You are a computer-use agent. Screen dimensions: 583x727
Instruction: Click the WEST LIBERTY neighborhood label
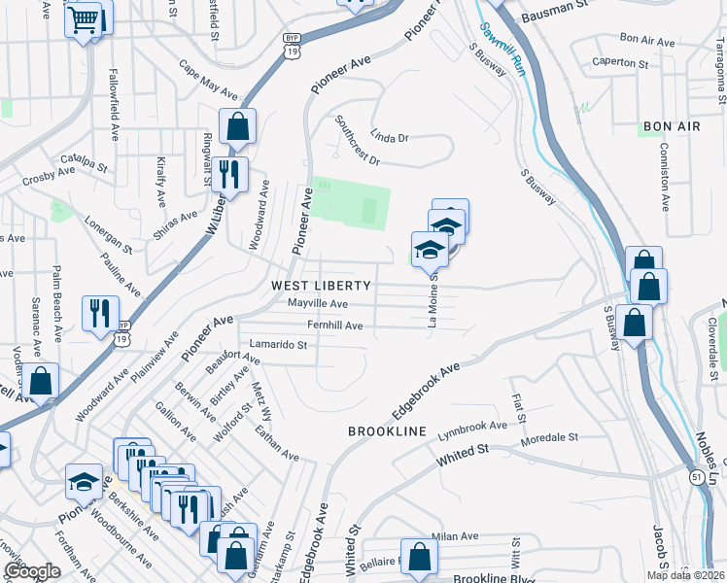321,285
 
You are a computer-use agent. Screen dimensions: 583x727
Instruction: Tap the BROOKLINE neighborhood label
388,429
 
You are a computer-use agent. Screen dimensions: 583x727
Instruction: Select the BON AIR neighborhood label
666,127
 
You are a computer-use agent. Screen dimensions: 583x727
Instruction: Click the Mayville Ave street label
318,304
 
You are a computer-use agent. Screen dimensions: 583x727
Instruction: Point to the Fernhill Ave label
334,326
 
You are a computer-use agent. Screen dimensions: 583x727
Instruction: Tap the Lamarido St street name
277,344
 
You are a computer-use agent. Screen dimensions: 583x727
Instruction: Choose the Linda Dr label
389,138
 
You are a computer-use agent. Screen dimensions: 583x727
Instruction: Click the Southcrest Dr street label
356,141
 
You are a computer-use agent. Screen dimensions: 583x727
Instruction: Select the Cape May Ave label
207,82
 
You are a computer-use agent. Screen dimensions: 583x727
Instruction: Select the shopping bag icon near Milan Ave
419,558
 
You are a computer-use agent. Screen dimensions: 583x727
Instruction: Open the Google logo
32,571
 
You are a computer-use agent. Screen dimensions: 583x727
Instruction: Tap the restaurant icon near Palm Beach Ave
100,312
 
